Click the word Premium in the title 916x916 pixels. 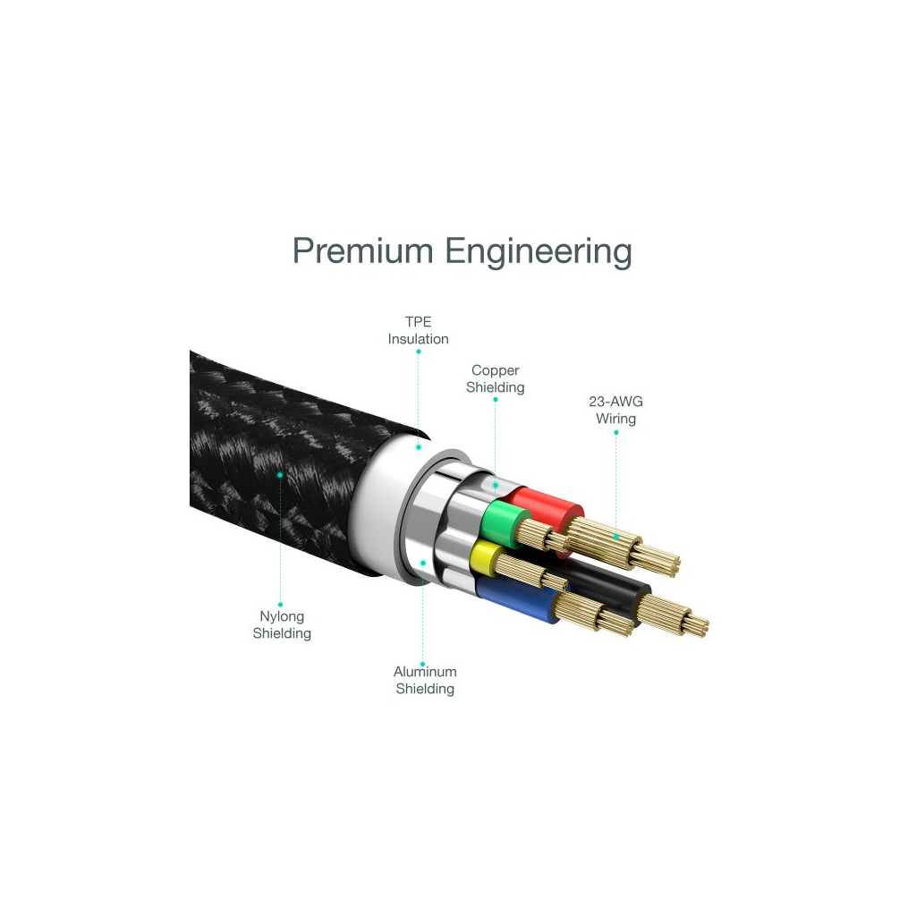click(362, 250)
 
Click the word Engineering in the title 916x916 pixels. click(539, 252)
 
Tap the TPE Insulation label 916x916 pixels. click(419, 330)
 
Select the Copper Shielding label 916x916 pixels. click(496, 378)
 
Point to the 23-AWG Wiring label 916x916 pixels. click(615, 410)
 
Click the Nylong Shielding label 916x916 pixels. click(282, 624)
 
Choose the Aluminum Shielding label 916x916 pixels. click(425, 680)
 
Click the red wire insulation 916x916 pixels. click(547, 509)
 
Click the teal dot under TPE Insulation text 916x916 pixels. click(419, 352)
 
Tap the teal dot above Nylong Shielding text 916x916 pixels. click(280, 605)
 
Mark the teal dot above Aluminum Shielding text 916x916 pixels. click(422, 665)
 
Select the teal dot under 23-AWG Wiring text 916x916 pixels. click(615, 433)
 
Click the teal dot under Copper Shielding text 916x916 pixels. click(496, 400)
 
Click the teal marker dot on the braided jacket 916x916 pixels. click(280, 475)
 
